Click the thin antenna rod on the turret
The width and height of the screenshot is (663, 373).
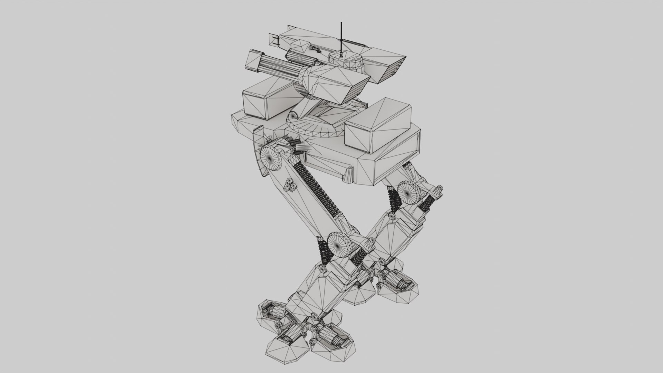coord(341,36)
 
